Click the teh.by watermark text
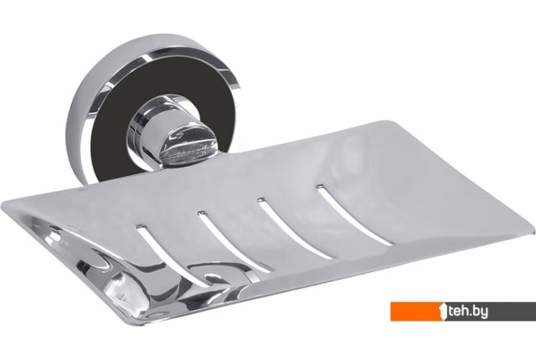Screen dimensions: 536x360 [x=468, y=311]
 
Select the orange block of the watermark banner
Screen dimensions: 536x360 [x=418, y=311]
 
